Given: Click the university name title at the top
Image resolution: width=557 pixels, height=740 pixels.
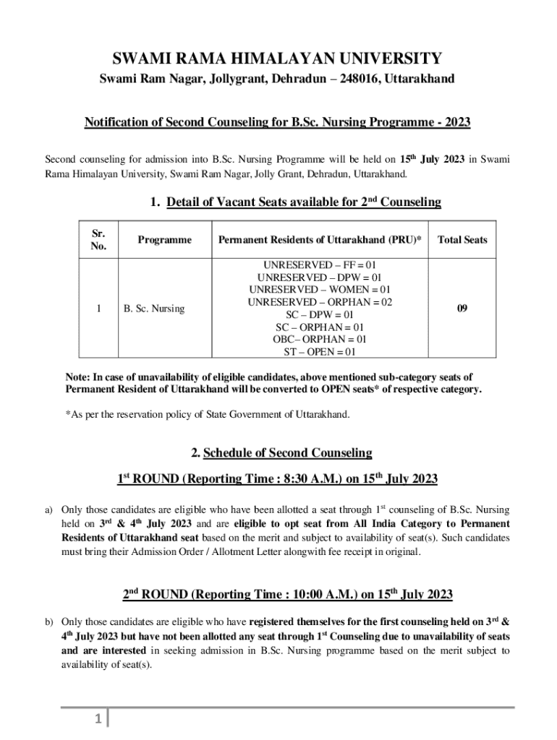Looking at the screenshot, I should point(278,59).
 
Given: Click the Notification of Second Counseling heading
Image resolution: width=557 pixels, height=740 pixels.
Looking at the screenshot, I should point(278,122).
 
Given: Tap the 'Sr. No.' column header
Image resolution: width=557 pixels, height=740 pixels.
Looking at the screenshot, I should point(98,240).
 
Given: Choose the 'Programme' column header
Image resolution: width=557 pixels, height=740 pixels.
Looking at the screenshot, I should point(163,240).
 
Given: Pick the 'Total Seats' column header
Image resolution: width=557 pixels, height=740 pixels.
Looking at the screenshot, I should point(462,240).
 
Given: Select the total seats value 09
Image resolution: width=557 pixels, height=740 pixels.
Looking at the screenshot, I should point(462,309).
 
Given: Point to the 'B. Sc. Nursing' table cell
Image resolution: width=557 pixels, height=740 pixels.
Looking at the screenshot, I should point(154,309).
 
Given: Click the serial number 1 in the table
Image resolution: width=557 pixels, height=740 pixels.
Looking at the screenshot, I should point(98,309).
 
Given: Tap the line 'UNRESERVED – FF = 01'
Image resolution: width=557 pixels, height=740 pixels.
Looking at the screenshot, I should point(320,265).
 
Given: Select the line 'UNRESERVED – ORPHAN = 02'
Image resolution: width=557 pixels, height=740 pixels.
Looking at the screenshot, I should point(320,302).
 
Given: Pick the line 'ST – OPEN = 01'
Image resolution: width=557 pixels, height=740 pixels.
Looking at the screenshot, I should point(320,352).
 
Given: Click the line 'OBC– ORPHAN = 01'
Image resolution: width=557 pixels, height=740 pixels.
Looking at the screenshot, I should point(320,339).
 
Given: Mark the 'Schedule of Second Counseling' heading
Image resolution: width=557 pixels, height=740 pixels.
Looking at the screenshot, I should point(281,453).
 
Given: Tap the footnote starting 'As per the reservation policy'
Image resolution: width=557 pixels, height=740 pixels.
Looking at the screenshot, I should point(208,415).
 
